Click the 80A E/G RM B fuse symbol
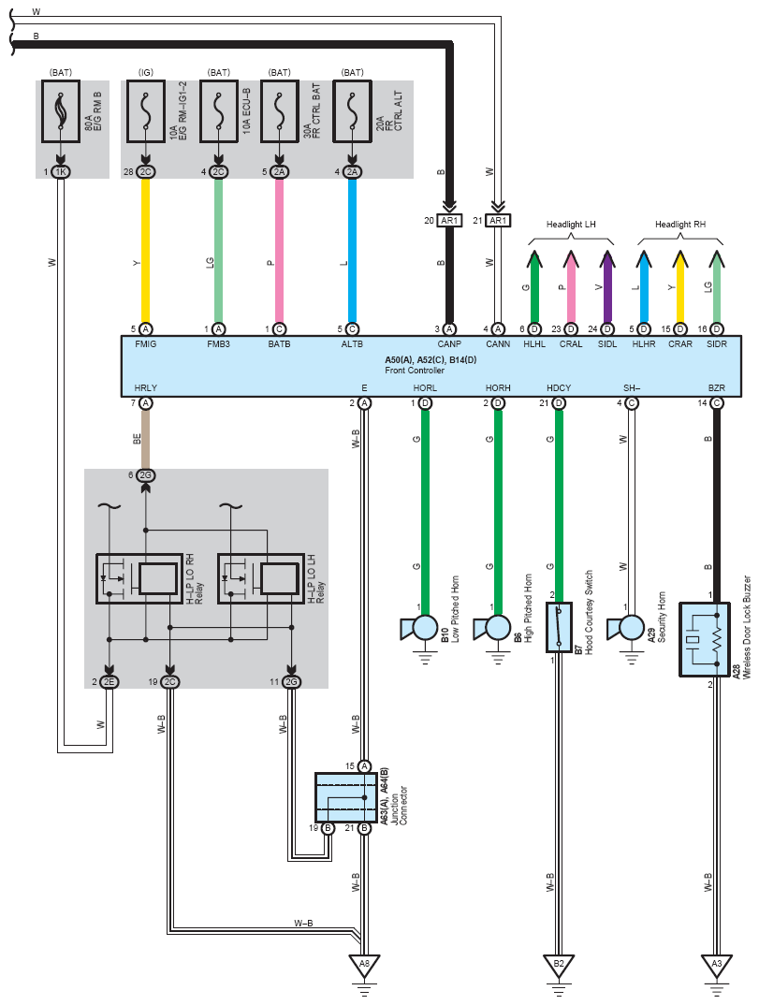pyautogui.click(x=61, y=110)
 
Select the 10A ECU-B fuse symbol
pyautogui.click(x=219, y=110)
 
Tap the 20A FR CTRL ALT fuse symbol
pyautogui.click(x=352, y=110)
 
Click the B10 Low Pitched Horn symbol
pyautogui.click(x=418, y=629)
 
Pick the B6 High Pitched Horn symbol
pyautogui.click(x=491, y=629)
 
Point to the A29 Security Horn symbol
pyautogui.click(x=626, y=629)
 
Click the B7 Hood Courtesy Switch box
pyautogui.click(x=559, y=627)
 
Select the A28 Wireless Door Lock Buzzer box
pyautogui.click(x=705, y=639)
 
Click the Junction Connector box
pyautogui.click(x=345, y=797)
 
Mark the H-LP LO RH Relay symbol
pyautogui.click(x=139, y=579)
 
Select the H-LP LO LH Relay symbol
pyautogui.click(x=260, y=579)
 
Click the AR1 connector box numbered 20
pyautogui.click(x=449, y=221)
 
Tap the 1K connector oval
pyautogui.click(x=61, y=172)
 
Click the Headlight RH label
pyautogui.click(x=680, y=225)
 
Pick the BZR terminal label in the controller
pyautogui.click(x=717, y=387)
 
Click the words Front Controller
pyautogui.click(x=414, y=370)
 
